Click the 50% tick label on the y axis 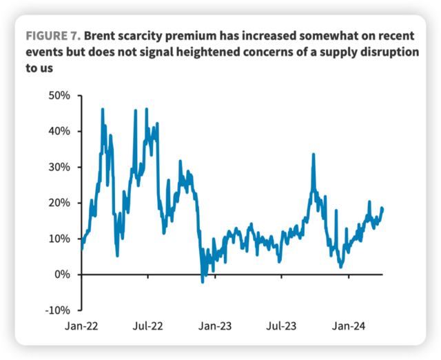pyautogui.click(x=59, y=95)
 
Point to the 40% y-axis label pyautogui.click(x=59, y=131)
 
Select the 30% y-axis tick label pyautogui.click(x=59, y=167)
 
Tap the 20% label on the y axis pyautogui.click(x=59, y=203)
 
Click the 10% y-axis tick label pyautogui.click(x=59, y=239)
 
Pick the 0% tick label pyautogui.click(x=62, y=274)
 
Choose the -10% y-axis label pyautogui.click(x=57, y=310)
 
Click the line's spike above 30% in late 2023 pyautogui.click(x=314, y=155)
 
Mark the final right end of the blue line pyautogui.click(x=382, y=208)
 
